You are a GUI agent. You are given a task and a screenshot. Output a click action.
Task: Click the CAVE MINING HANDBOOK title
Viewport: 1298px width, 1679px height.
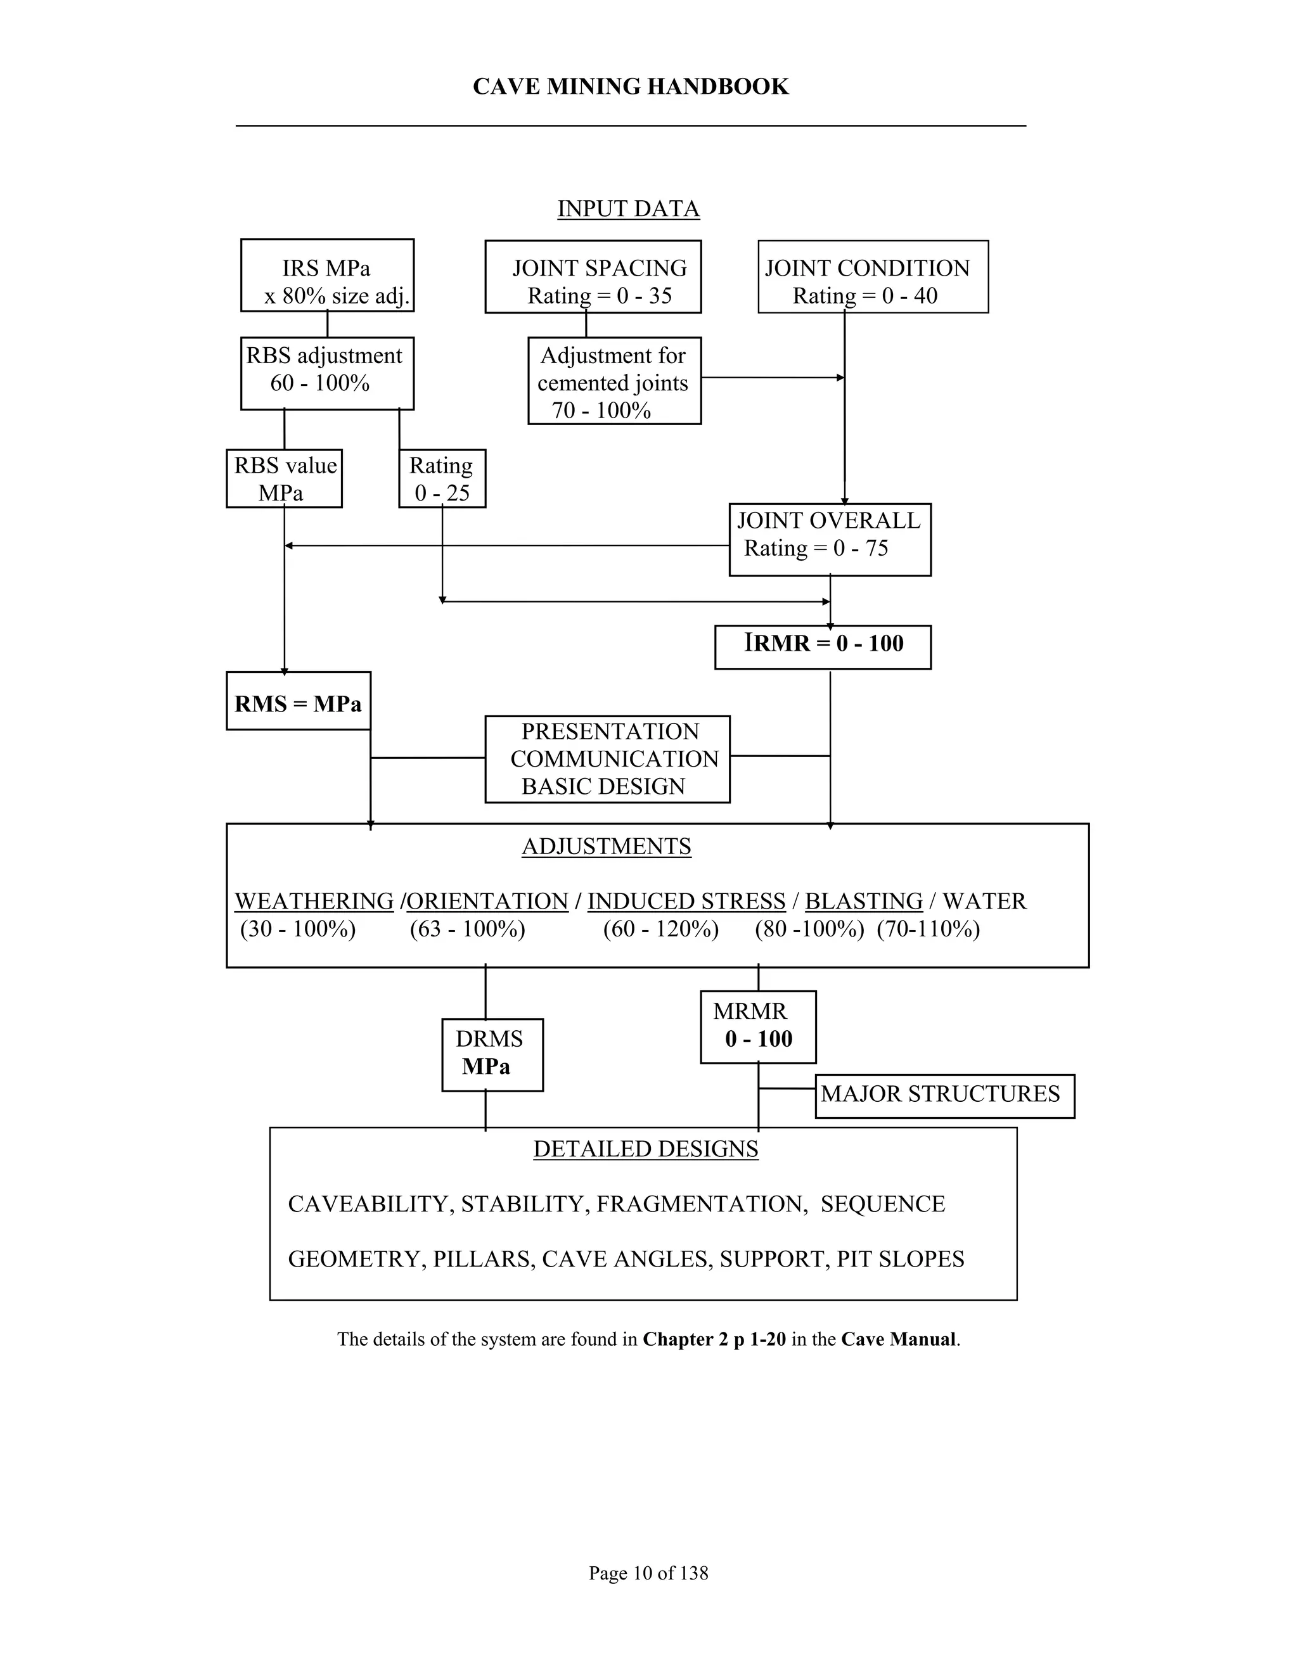[631, 87]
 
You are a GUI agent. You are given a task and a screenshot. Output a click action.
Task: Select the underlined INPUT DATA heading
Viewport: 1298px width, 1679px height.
[628, 209]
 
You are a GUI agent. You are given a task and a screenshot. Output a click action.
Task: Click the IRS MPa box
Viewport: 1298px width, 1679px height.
[327, 275]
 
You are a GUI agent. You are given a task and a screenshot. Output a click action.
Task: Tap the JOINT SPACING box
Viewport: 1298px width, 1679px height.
[593, 277]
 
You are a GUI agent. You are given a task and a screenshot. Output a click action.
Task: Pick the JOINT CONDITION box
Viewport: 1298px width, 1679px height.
[873, 277]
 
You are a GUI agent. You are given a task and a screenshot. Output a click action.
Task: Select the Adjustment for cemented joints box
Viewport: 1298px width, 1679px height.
[614, 381]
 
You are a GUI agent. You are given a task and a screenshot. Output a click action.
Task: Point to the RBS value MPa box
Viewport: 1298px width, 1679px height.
[284, 478]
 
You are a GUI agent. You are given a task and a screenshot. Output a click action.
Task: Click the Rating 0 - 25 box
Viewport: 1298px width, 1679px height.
[442, 478]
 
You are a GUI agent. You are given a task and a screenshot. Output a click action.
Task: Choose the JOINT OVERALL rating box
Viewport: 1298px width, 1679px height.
[830, 540]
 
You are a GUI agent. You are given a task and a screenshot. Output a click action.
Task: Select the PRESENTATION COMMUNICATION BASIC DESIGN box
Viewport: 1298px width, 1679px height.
[607, 759]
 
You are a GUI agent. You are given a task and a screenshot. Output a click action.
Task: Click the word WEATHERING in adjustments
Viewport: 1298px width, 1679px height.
[314, 901]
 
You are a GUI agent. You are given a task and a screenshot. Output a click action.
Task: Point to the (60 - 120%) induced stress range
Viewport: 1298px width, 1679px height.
[660, 929]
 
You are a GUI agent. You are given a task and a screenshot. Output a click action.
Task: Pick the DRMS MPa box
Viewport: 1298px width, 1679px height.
[492, 1054]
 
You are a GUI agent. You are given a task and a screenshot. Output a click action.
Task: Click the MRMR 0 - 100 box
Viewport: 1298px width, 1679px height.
[758, 1026]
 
